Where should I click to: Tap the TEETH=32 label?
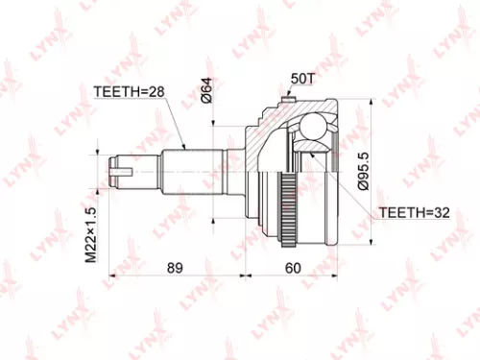414,210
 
